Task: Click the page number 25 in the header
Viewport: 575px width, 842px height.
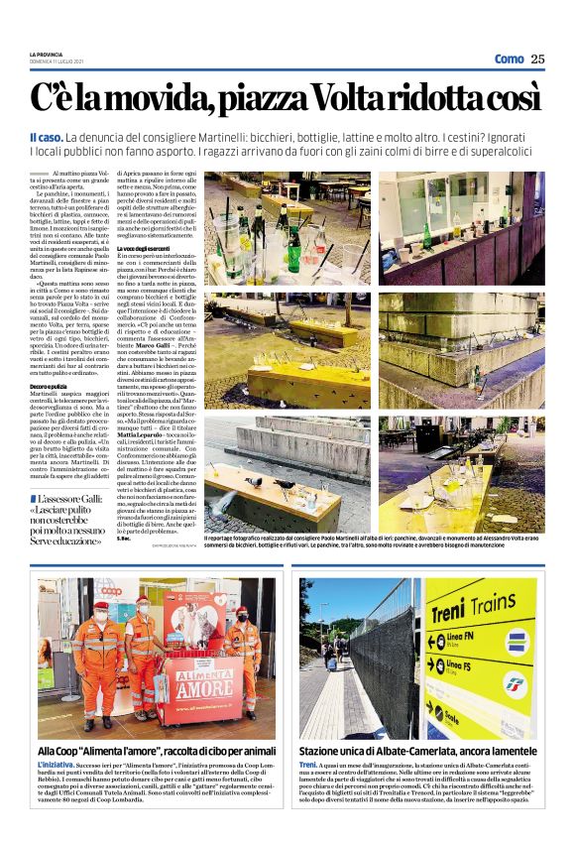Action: [537, 59]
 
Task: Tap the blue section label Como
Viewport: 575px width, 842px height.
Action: [509, 59]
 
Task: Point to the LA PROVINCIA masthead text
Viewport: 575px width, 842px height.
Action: [46, 54]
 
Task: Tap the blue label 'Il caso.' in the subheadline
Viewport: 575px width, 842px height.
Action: [47, 136]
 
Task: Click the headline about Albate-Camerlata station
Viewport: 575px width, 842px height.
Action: [407, 753]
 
